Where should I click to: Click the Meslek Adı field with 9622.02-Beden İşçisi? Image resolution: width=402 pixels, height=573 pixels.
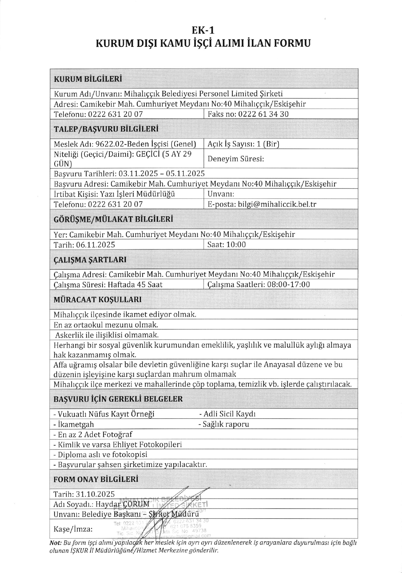coord(125,144)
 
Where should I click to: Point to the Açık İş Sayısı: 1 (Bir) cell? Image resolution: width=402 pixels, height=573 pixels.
coord(243,144)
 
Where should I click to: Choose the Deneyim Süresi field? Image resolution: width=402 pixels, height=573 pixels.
coord(236,159)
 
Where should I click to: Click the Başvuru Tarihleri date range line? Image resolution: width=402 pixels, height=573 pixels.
coord(129,174)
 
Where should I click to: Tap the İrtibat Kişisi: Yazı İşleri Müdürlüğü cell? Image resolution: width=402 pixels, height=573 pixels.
coord(114,194)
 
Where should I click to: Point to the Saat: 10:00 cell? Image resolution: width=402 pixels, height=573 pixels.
coord(227,245)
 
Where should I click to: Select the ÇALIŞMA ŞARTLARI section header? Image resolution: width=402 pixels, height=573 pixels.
coord(90,260)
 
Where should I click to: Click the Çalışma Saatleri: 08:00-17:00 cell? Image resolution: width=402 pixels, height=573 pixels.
coord(259,284)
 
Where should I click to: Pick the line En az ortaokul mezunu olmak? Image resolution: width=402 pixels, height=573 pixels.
coord(106,324)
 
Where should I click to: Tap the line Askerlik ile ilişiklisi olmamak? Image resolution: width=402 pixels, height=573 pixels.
coord(107,335)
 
